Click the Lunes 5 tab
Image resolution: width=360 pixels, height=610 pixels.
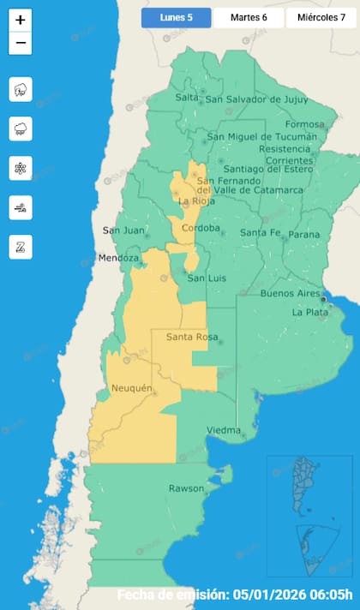click(176, 18)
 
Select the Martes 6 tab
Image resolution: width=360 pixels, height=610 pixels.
click(249, 18)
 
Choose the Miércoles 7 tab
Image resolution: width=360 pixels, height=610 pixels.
click(321, 18)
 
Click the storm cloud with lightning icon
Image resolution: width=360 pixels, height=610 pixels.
click(21, 89)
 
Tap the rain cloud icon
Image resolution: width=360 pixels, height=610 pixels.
click(21, 129)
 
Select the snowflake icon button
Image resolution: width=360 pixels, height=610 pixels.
click(21, 168)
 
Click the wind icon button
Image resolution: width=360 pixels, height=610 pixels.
click(21, 207)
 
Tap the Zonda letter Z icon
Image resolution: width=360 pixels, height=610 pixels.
click(21, 247)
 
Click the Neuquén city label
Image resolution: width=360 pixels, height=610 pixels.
click(132, 389)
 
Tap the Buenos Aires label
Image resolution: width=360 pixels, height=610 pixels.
click(290, 293)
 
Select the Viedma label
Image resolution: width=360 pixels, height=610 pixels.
click(224, 430)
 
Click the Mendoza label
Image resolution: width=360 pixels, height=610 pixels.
click(118, 258)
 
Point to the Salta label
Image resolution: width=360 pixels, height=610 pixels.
click(187, 97)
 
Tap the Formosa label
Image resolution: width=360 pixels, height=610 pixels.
click(305, 124)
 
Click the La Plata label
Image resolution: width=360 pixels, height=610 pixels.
click(309, 312)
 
